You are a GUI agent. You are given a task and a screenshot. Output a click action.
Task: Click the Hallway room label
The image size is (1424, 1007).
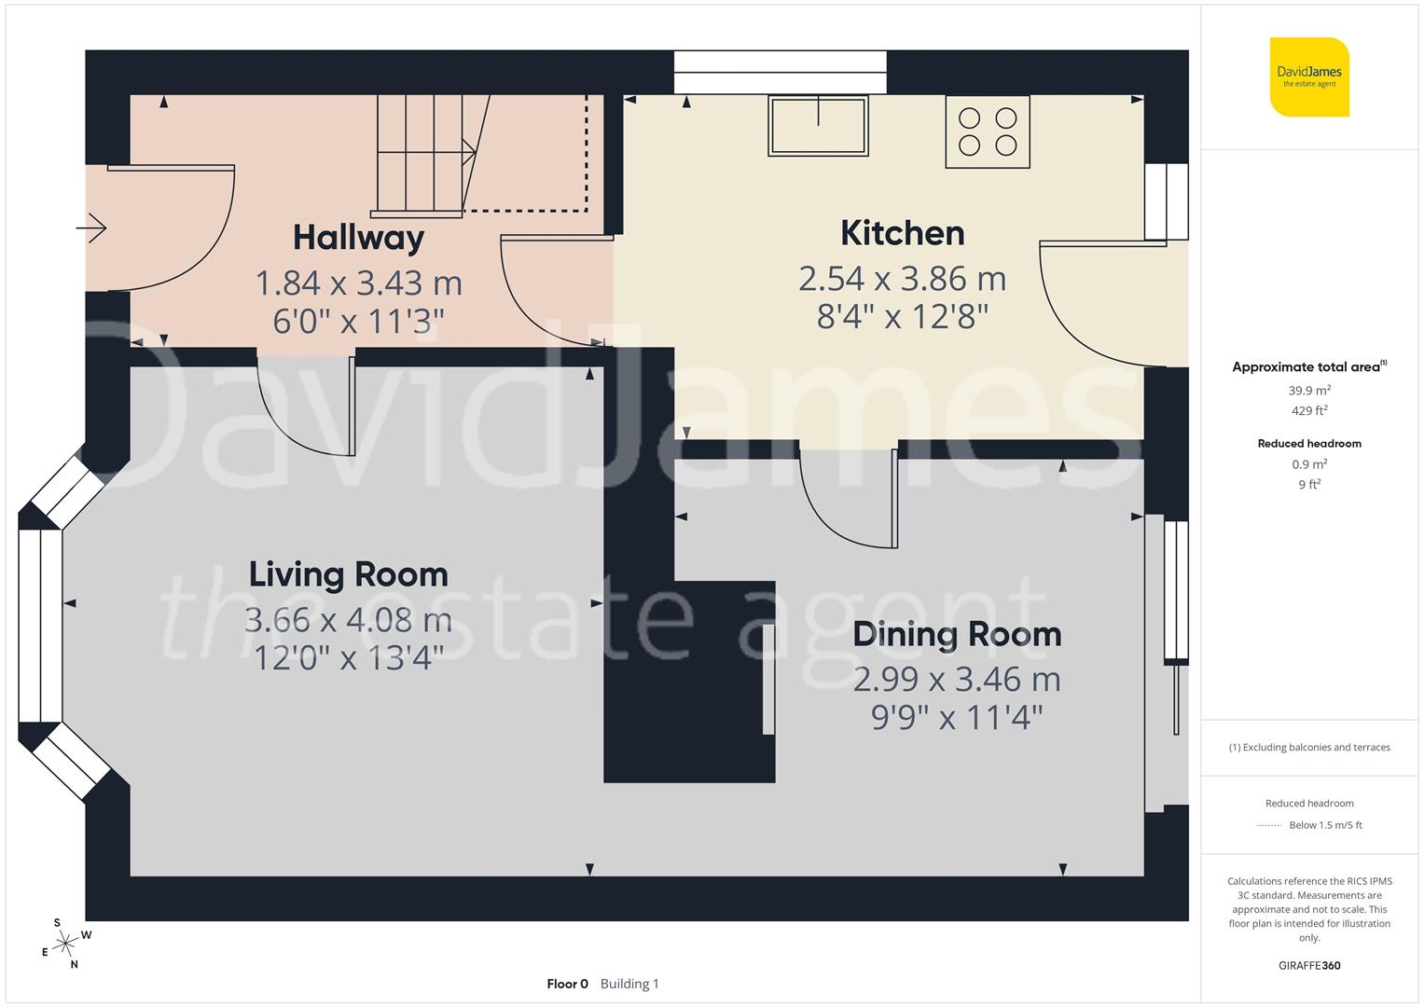358,238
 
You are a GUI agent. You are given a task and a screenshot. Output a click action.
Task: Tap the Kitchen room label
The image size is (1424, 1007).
902,233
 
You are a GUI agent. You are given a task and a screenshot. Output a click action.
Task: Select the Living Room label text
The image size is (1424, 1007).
348,574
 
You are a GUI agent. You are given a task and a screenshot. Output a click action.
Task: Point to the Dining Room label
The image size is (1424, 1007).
957,634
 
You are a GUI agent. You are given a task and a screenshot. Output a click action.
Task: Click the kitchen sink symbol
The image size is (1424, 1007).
818,125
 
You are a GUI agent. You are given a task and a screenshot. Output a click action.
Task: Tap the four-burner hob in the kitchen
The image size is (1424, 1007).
988,131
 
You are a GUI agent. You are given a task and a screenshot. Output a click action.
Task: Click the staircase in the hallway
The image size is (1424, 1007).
424,155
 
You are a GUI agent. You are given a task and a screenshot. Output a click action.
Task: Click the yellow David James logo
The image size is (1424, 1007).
1309,76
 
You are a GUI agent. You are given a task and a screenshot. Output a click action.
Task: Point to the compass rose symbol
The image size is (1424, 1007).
64,944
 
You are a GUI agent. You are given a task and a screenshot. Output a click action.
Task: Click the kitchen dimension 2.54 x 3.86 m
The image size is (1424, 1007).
902,279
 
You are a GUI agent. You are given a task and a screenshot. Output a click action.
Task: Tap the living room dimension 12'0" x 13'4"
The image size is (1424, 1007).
348,658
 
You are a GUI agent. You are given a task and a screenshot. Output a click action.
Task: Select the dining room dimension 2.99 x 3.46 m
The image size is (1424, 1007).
957,680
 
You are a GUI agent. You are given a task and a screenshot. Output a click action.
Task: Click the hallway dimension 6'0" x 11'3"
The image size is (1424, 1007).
358,322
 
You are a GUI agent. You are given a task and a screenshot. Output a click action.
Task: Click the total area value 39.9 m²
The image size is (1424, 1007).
1309,391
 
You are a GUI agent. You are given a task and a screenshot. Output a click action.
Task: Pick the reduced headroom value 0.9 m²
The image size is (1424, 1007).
1309,464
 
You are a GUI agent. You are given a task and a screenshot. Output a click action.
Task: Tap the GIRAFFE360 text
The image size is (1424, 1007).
1309,965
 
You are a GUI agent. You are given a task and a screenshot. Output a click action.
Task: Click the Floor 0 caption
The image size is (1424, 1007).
567,984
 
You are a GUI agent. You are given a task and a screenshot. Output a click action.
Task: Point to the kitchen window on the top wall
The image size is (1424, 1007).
780,72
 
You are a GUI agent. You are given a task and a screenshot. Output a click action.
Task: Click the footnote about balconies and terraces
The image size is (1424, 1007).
1309,747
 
